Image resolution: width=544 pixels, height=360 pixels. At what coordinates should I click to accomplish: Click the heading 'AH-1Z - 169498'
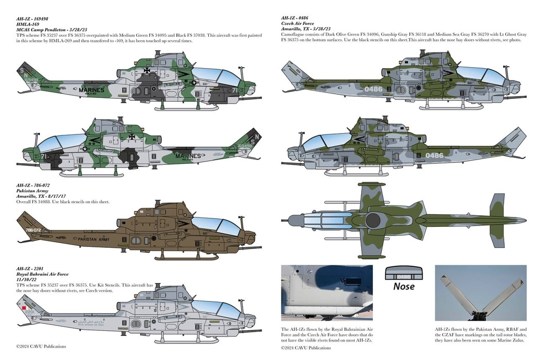pos(32,19)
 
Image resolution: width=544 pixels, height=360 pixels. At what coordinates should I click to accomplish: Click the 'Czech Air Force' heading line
pos(298,23)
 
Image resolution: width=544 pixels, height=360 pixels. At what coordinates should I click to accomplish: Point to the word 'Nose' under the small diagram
pos(403,286)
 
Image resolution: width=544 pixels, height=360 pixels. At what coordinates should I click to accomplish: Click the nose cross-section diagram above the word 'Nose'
pos(403,273)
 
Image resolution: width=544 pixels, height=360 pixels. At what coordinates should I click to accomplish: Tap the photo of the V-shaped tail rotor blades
pos(481,293)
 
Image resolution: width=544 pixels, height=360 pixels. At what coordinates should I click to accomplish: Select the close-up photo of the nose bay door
pos(326,293)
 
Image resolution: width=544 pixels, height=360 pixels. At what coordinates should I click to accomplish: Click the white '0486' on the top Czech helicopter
pos(373,89)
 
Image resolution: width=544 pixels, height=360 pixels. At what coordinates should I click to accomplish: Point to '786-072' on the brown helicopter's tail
pos(33,230)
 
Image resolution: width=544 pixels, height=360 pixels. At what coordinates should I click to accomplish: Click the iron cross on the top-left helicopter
pos(147,70)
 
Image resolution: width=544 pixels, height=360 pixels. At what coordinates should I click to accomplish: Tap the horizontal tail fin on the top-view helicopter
pos(497,220)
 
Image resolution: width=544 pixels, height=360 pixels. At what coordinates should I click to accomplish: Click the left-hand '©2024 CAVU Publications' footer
pos(41,346)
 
